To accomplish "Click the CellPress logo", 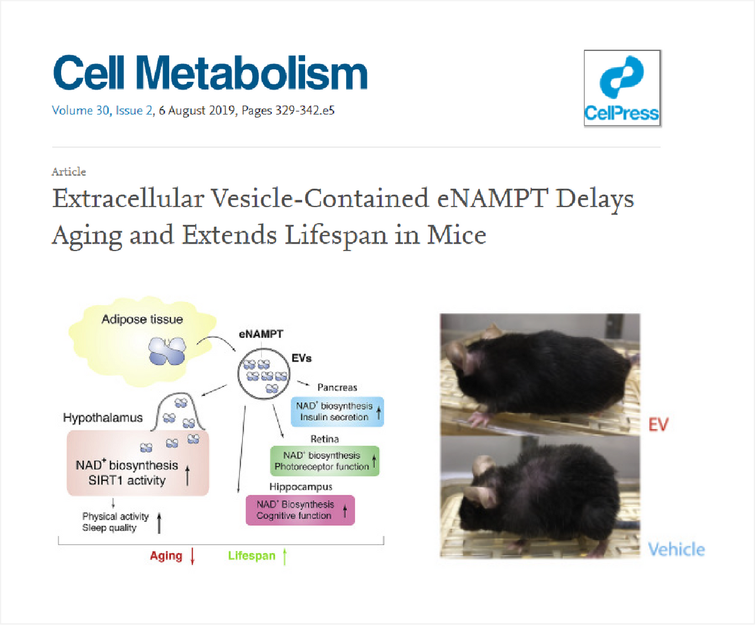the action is click(622, 88).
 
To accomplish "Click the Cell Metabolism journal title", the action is click(210, 72).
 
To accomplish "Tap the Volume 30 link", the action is click(81, 110).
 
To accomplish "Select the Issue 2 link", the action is click(134, 110).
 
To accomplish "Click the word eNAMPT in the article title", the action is click(491, 198).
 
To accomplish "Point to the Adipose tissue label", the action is click(142, 319).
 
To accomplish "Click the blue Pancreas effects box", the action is click(337, 412).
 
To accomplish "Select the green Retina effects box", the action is click(325, 461).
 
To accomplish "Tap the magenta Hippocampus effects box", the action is click(300, 510).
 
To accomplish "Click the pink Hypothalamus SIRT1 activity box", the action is click(138, 463).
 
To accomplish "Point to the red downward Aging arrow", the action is click(193, 556).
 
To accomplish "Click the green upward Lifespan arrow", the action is click(284, 556).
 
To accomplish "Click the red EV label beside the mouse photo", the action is click(659, 425).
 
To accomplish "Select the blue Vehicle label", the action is click(676, 549).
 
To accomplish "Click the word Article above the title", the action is click(69, 171).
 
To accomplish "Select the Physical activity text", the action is click(115, 516).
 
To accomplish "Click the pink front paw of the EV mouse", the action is click(478, 418).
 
